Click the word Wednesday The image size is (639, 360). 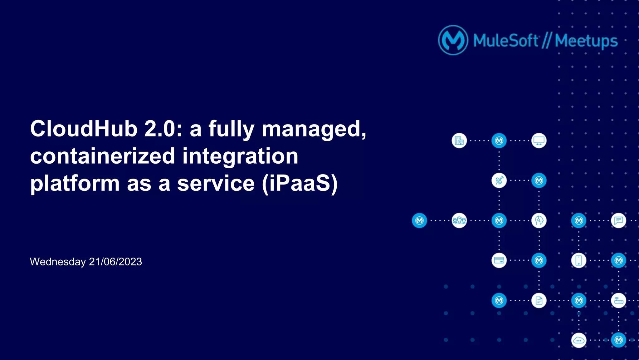pyautogui.click(x=58, y=262)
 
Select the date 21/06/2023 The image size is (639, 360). pyautogui.click(x=115, y=262)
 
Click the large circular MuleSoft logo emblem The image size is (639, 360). pyautogui.click(x=453, y=40)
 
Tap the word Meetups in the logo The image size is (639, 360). pyautogui.click(x=586, y=41)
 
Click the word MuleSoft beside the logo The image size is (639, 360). pyautogui.click(x=505, y=41)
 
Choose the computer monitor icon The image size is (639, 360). pyautogui.click(x=539, y=141)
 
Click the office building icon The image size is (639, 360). pyautogui.click(x=459, y=141)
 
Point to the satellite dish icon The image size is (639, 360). pyautogui.click(x=499, y=180)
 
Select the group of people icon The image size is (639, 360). pyautogui.click(x=459, y=220)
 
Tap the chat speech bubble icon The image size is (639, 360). pyautogui.click(x=618, y=220)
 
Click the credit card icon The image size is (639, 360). pyautogui.click(x=499, y=260)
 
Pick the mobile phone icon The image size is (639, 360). pyautogui.click(x=579, y=260)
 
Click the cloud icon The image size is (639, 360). pyautogui.click(x=579, y=340)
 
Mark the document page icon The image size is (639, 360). pyautogui.click(x=539, y=300)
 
